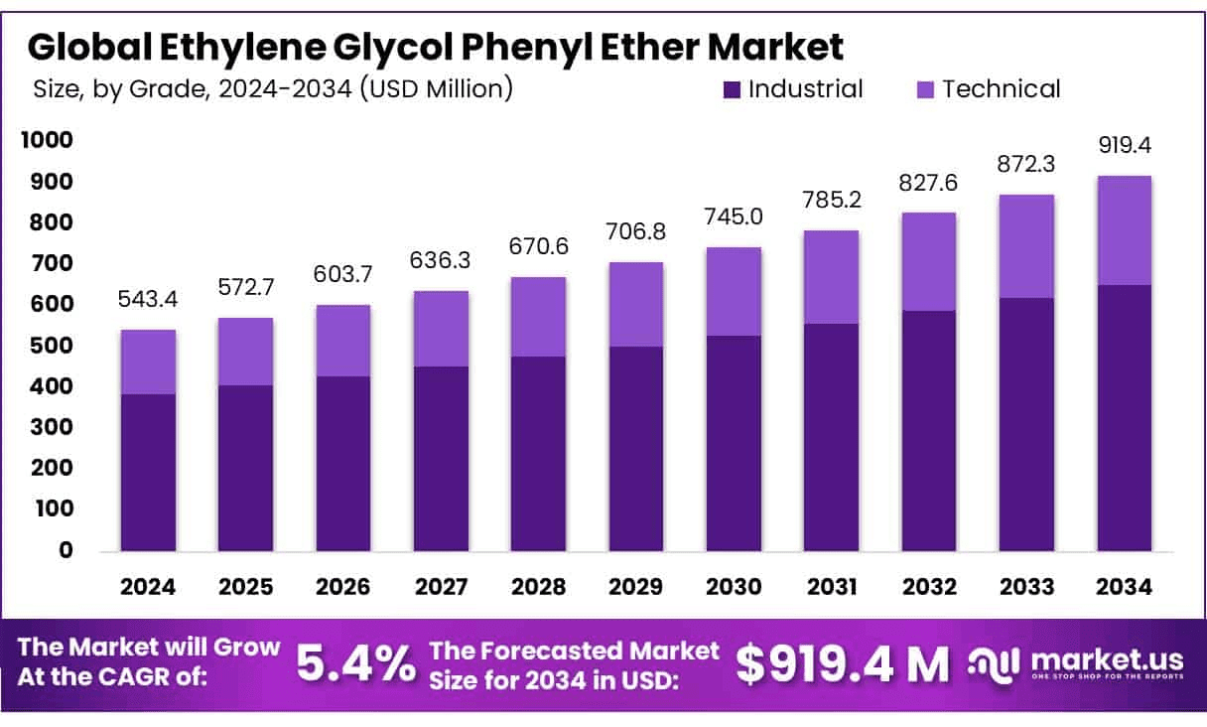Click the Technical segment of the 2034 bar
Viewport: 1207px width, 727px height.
(1124, 230)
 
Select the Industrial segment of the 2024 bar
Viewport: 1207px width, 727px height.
(148, 472)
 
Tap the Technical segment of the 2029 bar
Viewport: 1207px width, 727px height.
(636, 304)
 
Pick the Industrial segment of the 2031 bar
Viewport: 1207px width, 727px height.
(832, 437)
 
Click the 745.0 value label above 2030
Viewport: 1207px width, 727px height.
(734, 217)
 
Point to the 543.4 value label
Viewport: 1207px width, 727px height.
(148, 299)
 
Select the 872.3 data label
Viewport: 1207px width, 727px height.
(1026, 164)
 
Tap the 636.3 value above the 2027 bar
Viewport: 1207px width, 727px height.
(441, 261)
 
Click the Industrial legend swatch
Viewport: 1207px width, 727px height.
(733, 89)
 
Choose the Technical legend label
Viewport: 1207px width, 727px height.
(1001, 88)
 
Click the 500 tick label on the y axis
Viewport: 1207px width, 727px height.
(57, 346)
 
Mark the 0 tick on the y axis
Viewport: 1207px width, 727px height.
(66, 550)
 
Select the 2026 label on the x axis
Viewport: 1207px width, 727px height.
(343, 587)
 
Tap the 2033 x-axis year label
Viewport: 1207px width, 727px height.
(1026, 587)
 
